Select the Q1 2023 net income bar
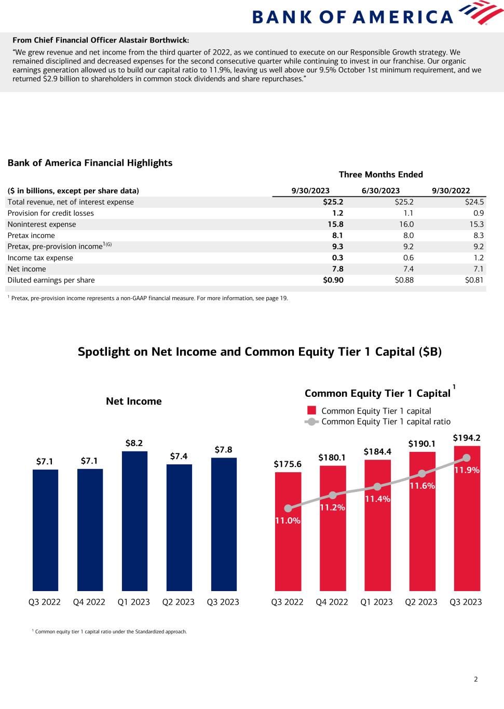pyautogui.click(x=134, y=520)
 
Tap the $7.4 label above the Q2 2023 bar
pyautogui.click(x=179, y=456)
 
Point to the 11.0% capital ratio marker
pyautogui.click(x=289, y=509)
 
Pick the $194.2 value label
pyautogui.click(x=467, y=438)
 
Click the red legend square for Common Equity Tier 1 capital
pyautogui.click(x=311, y=411)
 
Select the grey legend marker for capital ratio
pyautogui.click(x=311, y=422)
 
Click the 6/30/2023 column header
pyautogui.click(x=380, y=191)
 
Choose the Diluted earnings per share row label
pyautogui.click(x=51, y=280)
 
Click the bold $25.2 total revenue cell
pyautogui.click(x=333, y=202)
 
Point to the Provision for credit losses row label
pyautogui.click(x=50, y=213)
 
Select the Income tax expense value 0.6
pyautogui.click(x=408, y=258)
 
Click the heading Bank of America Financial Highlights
pyautogui.click(x=90, y=163)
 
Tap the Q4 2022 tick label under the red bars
pyautogui.click(x=332, y=602)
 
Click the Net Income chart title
pyautogui.click(x=134, y=401)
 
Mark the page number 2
pyautogui.click(x=475, y=679)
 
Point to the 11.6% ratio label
pyautogui.click(x=422, y=486)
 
